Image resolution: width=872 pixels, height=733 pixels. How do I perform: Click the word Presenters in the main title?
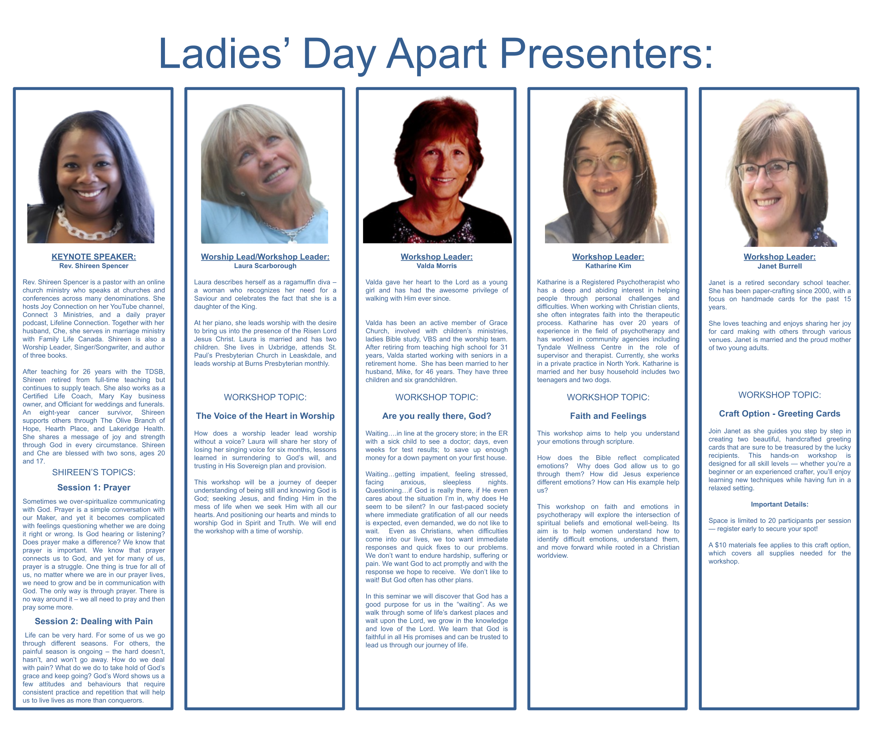(x=607, y=53)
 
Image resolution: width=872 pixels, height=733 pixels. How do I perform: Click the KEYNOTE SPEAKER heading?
(x=94, y=257)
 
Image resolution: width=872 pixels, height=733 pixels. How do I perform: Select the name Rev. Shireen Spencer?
(x=94, y=266)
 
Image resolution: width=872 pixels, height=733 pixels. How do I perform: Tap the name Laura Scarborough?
(x=265, y=266)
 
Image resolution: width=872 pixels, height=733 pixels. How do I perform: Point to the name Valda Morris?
(x=437, y=266)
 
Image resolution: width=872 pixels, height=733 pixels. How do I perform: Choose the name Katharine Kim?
(x=608, y=266)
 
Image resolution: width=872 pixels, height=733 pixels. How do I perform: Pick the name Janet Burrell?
(x=780, y=267)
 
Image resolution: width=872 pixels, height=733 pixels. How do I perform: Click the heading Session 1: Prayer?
(x=94, y=488)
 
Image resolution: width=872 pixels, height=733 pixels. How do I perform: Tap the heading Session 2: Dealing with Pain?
(x=94, y=621)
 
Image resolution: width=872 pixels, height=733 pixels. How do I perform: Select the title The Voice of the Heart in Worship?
(x=265, y=416)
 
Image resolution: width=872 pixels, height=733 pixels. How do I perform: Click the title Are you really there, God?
(x=437, y=416)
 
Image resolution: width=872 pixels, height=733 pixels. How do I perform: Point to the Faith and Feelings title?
(x=608, y=416)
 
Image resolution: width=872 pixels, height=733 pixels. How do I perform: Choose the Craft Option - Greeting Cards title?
(x=780, y=413)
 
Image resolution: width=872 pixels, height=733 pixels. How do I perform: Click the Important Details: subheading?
(x=780, y=504)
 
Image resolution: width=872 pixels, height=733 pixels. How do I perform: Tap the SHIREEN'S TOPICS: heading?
(x=94, y=472)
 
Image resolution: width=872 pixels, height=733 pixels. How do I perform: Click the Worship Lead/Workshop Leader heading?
(x=265, y=257)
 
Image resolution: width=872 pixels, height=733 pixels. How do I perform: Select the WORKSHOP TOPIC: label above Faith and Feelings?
(x=608, y=397)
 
